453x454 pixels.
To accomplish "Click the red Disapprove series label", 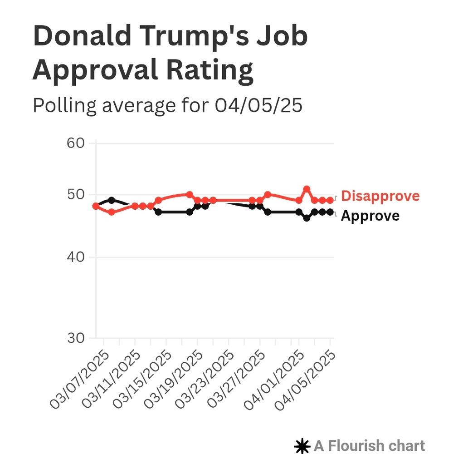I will pos(380,196).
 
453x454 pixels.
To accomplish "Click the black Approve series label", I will pos(370,216).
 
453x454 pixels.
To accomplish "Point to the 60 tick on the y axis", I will pos(76,143).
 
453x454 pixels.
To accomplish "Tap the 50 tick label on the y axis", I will pos(76,195).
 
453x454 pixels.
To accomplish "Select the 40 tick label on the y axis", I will pos(76,257).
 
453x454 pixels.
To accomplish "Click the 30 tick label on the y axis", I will pos(76,338).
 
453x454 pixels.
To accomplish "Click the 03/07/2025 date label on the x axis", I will pos(80,380).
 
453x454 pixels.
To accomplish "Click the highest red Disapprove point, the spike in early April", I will pos(307,189).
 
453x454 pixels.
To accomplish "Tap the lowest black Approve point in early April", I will pos(307,218).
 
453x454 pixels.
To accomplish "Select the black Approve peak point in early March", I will pos(112,200).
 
